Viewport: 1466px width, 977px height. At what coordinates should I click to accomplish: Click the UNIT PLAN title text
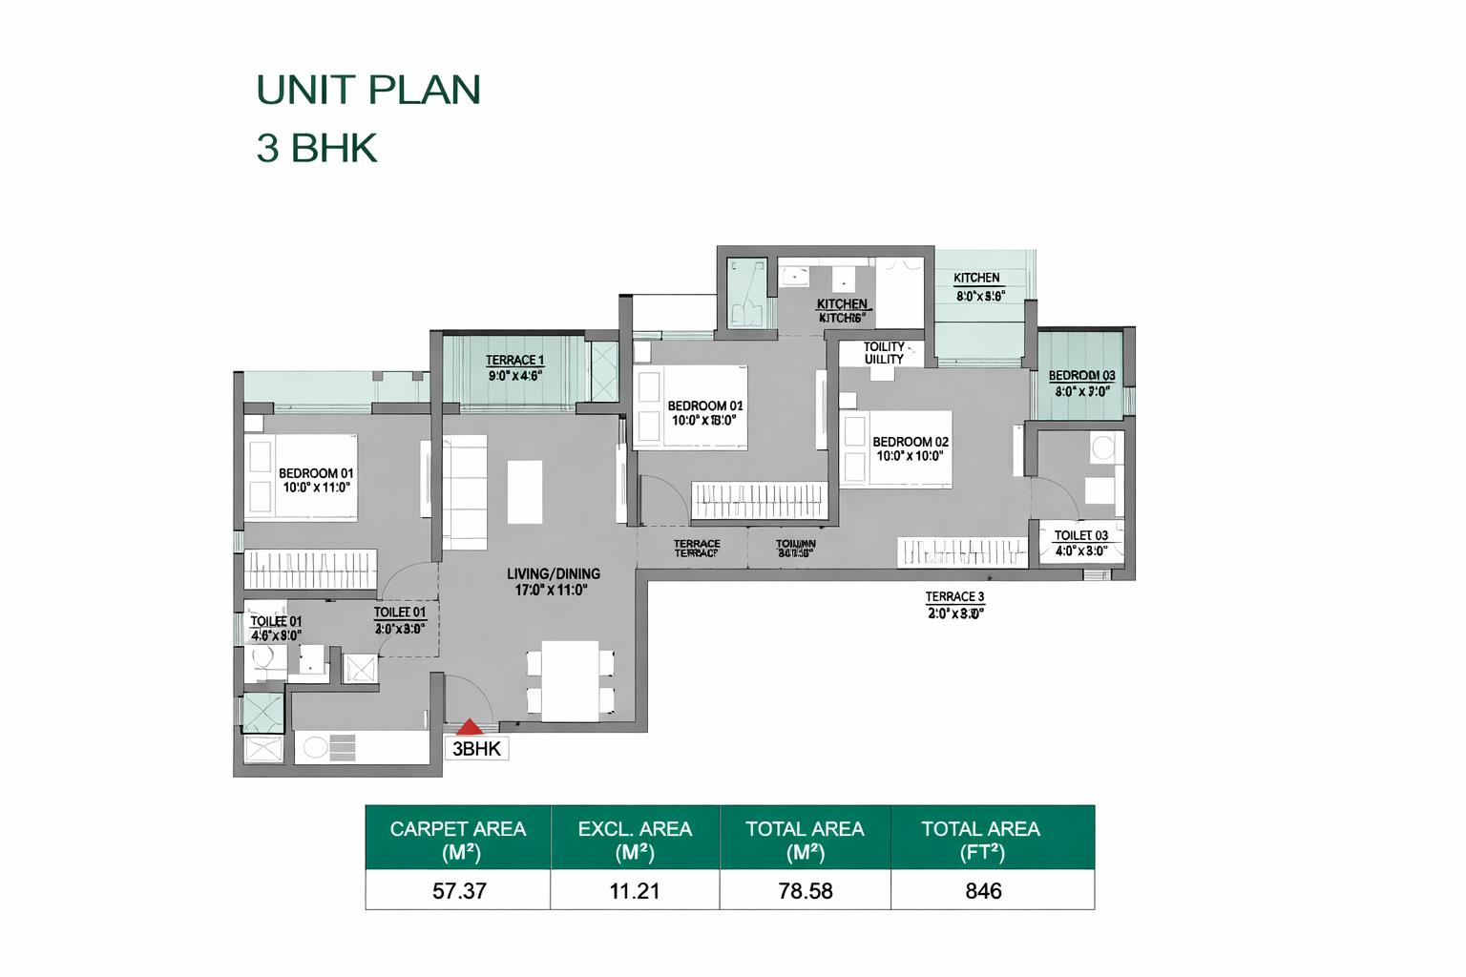click(x=368, y=90)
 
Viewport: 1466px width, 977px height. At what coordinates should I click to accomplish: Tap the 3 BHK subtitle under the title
click(x=317, y=148)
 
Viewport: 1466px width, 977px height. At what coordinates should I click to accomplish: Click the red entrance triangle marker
click(x=469, y=728)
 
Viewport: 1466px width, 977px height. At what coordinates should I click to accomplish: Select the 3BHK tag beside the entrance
click(x=477, y=749)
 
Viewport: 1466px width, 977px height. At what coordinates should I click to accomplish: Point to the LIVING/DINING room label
click(x=554, y=573)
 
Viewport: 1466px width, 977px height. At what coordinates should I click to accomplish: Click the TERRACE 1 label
click(x=514, y=360)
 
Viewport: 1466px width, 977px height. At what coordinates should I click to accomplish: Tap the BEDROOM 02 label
click(x=911, y=442)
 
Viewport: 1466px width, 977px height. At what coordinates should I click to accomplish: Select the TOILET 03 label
click(x=1080, y=535)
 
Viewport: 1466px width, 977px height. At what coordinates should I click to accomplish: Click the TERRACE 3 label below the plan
click(x=954, y=596)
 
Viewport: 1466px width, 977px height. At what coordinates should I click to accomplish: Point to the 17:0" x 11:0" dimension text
click(x=552, y=590)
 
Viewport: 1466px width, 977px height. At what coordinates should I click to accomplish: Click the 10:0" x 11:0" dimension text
click(x=317, y=488)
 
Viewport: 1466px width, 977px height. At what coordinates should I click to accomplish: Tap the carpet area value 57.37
click(x=459, y=891)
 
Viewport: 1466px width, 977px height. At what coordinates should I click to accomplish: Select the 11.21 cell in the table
click(x=635, y=891)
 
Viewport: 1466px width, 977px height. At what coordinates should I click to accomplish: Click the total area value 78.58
click(x=806, y=891)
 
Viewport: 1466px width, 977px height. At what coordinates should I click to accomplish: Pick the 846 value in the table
click(x=983, y=891)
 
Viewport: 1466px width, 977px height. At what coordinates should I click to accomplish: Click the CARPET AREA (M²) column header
click(x=458, y=840)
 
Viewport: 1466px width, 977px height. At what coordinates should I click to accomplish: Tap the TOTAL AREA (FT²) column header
click(x=981, y=840)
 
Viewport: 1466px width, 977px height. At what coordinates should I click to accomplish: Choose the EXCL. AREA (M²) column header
click(x=635, y=840)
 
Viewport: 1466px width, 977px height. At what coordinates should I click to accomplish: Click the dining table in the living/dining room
click(x=571, y=681)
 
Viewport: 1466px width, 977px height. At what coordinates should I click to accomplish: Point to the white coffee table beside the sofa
click(x=525, y=491)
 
